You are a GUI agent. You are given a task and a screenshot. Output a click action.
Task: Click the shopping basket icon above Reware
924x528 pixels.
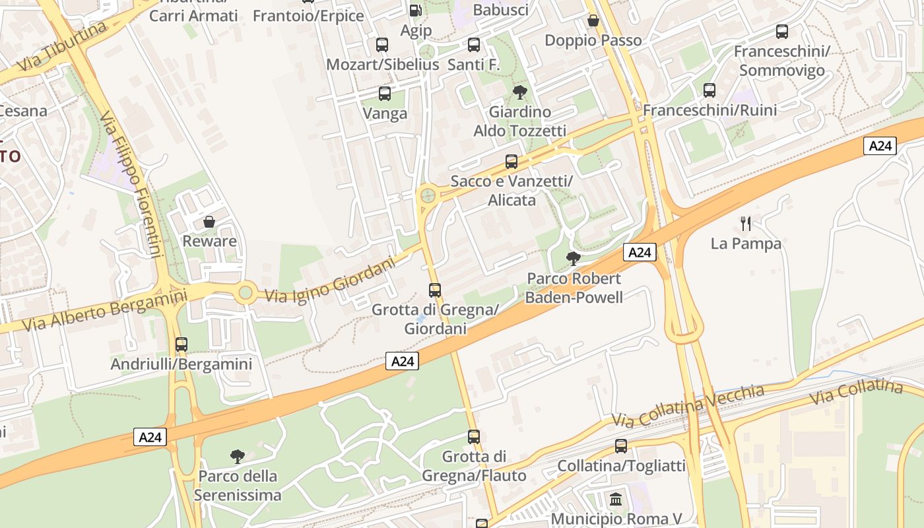coord(209,222)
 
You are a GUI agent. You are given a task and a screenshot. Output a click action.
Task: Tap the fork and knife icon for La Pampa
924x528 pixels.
coord(746,224)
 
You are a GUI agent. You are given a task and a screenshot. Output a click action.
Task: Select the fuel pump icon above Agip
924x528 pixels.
coord(415,11)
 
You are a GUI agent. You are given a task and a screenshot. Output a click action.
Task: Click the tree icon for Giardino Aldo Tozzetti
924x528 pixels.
coord(519,92)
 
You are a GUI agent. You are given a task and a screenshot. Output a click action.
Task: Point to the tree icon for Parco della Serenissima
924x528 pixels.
coord(238,456)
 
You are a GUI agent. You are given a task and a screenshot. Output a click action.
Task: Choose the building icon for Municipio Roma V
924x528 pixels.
coord(616,499)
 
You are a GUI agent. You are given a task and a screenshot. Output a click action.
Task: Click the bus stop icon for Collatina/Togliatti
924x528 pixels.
coord(621,446)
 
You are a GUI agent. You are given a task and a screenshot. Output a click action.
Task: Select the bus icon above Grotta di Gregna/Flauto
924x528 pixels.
coord(474,437)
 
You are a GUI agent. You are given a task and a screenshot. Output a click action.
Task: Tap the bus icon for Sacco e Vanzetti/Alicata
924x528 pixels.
coord(511,162)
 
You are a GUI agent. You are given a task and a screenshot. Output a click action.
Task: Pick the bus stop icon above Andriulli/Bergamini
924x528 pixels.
coord(181,345)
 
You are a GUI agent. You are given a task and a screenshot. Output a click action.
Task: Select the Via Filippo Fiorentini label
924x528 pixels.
coord(132,185)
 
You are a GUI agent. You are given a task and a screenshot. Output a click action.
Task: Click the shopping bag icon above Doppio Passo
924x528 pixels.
coord(593,21)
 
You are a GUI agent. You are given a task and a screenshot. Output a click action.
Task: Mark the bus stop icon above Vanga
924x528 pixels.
coord(385,94)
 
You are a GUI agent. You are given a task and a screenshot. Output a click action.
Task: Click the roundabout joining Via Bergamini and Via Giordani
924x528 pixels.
coord(246,292)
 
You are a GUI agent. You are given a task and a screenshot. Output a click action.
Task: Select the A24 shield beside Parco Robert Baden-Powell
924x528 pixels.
coord(640,252)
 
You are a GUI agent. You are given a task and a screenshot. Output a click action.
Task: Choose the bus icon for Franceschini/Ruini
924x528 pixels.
coord(709,90)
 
